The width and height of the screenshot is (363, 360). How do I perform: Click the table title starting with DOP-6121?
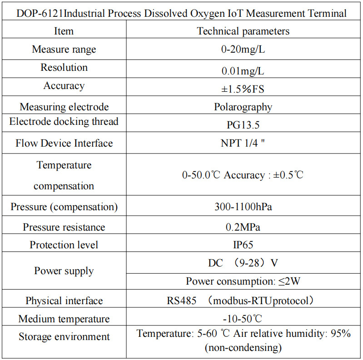point(181,13)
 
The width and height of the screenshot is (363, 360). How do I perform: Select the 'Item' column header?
point(64,31)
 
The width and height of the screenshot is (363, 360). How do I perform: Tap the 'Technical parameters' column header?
point(243,31)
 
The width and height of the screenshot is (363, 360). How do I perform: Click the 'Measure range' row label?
point(64,49)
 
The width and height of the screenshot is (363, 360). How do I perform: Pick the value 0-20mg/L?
point(243,49)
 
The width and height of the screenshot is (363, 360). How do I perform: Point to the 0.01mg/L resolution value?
point(243,71)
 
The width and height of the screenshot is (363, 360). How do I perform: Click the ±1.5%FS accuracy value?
point(243,89)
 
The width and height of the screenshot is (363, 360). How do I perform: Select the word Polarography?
point(243,107)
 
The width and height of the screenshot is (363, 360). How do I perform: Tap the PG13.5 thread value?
point(243,125)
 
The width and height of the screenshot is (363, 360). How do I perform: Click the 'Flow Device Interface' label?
point(64,143)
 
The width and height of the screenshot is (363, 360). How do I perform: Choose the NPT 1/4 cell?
point(243,143)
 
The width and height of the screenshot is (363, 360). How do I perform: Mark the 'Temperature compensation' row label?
point(64,175)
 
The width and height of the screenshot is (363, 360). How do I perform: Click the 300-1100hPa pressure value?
point(243,207)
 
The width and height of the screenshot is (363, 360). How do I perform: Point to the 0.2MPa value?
point(243,227)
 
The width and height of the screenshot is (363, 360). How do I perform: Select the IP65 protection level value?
point(243,245)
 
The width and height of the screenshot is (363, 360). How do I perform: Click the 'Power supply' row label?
point(64,271)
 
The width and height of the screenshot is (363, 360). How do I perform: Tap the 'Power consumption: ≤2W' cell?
point(243,281)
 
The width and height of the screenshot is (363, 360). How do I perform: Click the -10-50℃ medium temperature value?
point(243,319)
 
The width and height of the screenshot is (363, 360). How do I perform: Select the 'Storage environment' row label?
point(64,337)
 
